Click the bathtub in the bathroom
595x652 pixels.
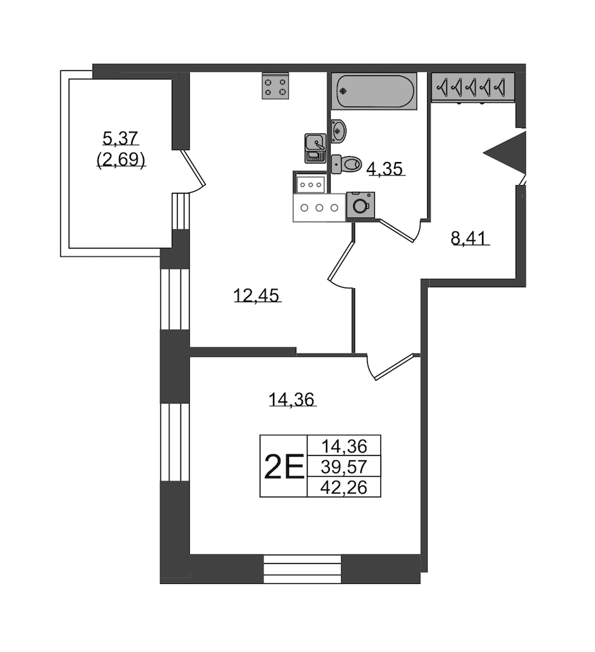pyautogui.click(x=376, y=91)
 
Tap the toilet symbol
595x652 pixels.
pyautogui.click(x=346, y=163)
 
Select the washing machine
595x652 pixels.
pyautogui.click(x=360, y=205)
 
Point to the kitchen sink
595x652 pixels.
pyautogui.click(x=315, y=147)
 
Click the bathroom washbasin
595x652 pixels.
pyautogui.click(x=338, y=130)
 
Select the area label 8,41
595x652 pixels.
pyautogui.click(x=469, y=237)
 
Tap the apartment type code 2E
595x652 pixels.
pyautogui.click(x=284, y=468)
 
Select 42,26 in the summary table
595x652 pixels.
pyautogui.click(x=344, y=488)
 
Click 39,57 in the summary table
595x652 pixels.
pyautogui.click(x=344, y=467)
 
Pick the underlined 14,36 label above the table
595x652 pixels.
pyautogui.click(x=292, y=399)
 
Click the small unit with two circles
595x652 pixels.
pyautogui.click(x=310, y=184)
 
